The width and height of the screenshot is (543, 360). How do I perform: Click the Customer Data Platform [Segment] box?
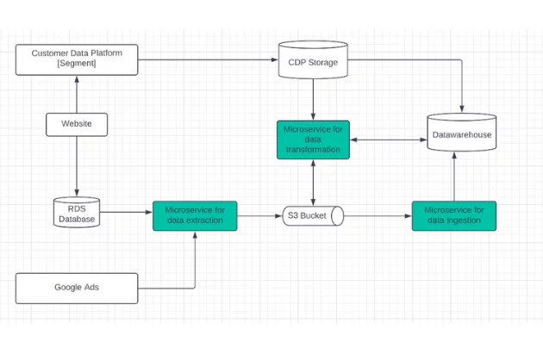click(77, 59)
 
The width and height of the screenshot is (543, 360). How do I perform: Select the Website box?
click(77, 124)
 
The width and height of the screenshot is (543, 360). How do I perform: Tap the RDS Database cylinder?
click(77, 213)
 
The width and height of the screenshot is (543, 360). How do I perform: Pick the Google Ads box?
click(77, 288)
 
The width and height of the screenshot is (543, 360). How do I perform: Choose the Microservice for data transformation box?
click(312, 140)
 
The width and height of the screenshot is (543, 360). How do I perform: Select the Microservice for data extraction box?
click(195, 214)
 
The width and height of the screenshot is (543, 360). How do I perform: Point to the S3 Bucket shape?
click(313, 215)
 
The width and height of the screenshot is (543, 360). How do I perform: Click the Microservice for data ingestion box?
click(453, 214)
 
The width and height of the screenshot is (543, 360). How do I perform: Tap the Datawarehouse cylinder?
click(462, 134)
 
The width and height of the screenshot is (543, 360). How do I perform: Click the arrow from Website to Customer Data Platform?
click(77, 93)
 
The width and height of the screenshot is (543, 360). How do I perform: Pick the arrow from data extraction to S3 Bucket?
click(259, 215)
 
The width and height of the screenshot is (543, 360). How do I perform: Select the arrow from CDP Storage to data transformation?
click(312, 97)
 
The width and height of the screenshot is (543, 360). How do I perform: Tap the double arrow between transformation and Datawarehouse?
click(388, 140)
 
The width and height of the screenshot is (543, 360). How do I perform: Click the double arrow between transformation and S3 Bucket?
click(312, 182)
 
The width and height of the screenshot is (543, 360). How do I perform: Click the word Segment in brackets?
click(77, 65)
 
